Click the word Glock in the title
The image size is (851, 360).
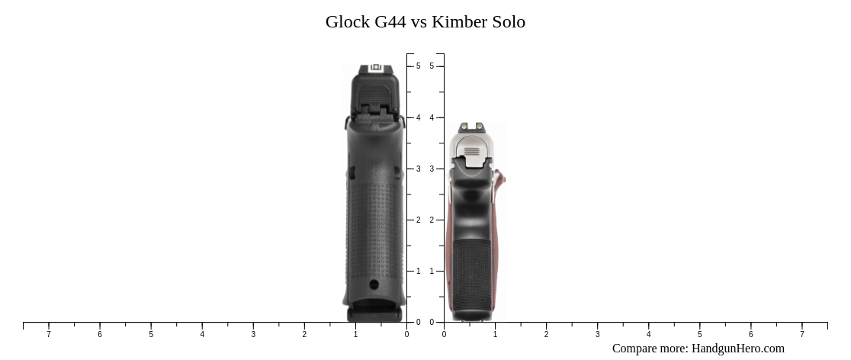[x=348, y=22]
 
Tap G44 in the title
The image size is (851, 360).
[x=390, y=22]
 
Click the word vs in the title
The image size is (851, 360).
[x=419, y=22]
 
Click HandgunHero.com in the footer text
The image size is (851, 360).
[x=737, y=349]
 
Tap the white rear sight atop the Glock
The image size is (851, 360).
[x=375, y=68]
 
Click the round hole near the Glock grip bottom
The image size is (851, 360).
[x=374, y=284]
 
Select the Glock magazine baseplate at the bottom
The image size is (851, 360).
[x=374, y=313]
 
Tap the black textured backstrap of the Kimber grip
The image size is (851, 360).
[x=471, y=275]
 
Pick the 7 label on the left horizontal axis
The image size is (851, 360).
[x=49, y=334]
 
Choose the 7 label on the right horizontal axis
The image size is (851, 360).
[x=801, y=334]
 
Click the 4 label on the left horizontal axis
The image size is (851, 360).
[x=202, y=334]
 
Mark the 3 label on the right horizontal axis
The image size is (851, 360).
[x=597, y=334]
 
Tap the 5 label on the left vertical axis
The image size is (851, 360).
[x=418, y=66]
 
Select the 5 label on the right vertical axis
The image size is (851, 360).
[x=432, y=66]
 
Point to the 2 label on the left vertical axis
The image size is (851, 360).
[x=418, y=220]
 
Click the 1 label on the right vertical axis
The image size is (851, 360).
[x=432, y=271]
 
